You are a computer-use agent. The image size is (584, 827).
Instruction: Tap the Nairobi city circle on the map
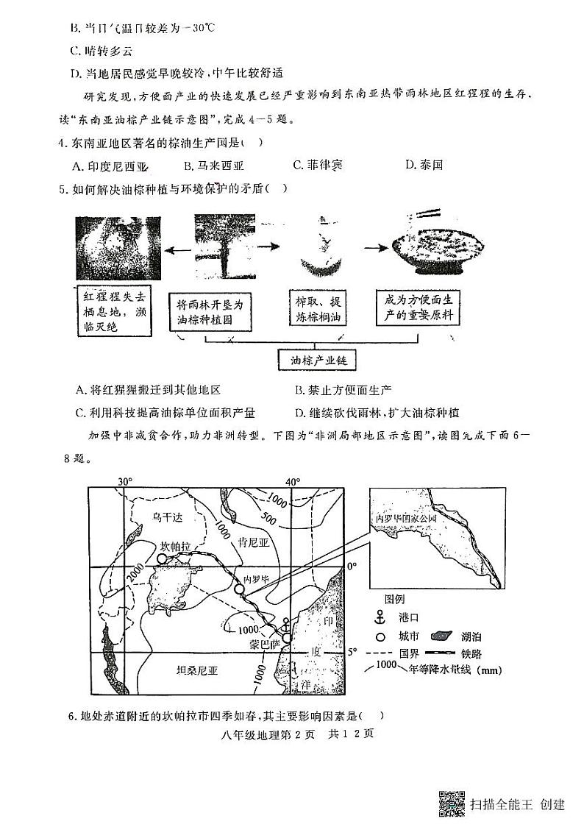(238, 589)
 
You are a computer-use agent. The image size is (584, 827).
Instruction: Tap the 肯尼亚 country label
(253, 542)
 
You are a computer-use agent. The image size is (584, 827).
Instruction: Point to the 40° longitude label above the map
(293, 482)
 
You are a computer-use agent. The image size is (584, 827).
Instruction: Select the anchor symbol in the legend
(381, 617)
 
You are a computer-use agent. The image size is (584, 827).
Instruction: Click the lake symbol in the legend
(441, 636)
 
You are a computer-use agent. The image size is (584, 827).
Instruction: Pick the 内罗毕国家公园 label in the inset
(406, 518)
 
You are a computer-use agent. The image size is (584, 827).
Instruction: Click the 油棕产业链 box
(318, 361)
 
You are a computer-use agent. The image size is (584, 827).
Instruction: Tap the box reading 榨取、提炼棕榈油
(318, 310)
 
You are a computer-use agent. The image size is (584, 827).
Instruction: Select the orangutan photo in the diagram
(117, 249)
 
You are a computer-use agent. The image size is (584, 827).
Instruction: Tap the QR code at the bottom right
(451, 803)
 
